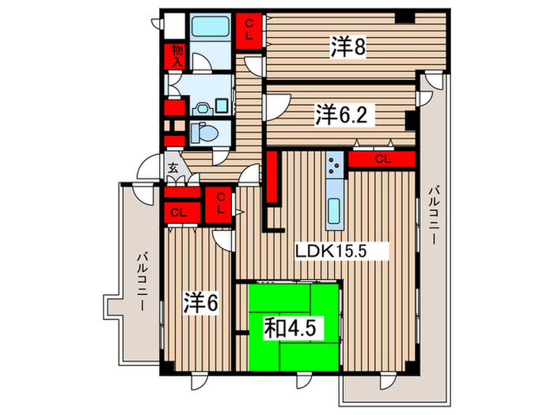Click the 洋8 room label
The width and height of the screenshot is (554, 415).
pyautogui.click(x=347, y=47)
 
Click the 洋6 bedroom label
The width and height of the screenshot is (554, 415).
pyautogui.click(x=201, y=302)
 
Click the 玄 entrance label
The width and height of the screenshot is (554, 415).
pyautogui.click(x=173, y=168)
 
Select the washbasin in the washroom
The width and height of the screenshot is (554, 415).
pyautogui.click(x=203, y=105)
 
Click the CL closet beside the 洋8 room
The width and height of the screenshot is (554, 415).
pyautogui.click(x=249, y=30)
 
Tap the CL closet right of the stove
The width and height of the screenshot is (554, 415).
pyautogui.click(x=382, y=160)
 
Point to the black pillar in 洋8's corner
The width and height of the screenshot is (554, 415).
pyautogui.click(x=406, y=18)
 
